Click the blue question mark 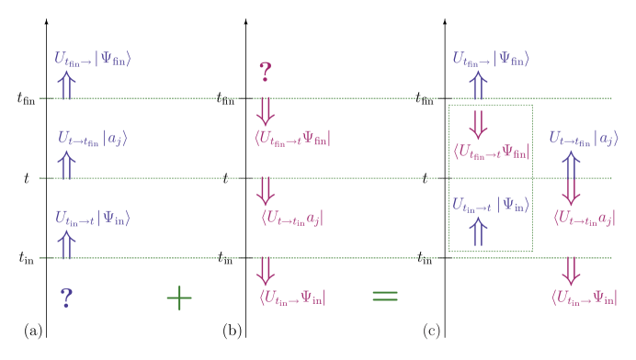66,298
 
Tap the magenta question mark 265,72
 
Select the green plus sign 178,297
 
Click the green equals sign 384,296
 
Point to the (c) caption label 431,331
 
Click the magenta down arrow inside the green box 478,123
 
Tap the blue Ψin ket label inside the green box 490,204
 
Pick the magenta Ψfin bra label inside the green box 491,152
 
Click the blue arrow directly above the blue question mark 66,245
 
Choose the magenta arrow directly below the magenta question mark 266,111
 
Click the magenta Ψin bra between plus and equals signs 292,297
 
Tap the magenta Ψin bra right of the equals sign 592,297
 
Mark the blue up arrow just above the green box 478,85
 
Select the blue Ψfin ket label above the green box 491,59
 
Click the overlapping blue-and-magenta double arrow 571,178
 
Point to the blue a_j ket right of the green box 584,139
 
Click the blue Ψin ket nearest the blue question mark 92,218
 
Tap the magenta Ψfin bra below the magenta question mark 292,139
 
